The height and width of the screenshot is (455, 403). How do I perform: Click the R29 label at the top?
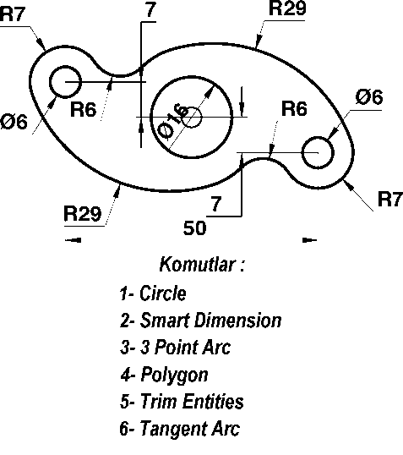pos(287,8)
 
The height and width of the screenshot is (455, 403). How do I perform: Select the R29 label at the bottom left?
pos(83,214)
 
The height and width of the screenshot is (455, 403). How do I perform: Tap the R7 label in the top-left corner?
pos(13,14)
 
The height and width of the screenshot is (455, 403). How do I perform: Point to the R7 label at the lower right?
pos(390,199)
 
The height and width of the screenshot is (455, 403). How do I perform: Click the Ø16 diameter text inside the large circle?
pos(173,121)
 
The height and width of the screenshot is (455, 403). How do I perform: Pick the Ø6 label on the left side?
pos(14,121)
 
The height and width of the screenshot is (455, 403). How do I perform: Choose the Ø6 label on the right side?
pos(369,97)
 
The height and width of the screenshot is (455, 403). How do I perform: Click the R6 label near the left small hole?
pos(83,110)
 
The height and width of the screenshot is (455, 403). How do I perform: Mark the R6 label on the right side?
pos(294,109)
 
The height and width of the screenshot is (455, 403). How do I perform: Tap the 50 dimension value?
pos(195,227)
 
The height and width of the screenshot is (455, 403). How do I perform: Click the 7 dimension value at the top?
pos(150,9)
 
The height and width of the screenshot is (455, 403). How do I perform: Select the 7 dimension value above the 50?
pos(216,204)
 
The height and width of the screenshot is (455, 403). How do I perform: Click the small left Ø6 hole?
pos(65,66)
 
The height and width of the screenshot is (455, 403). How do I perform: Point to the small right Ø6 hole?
pos(318,137)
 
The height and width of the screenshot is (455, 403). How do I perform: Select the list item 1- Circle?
pos(153,293)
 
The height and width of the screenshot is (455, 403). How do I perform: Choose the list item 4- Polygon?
pos(165,375)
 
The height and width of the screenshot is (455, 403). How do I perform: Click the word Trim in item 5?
pos(159,402)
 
